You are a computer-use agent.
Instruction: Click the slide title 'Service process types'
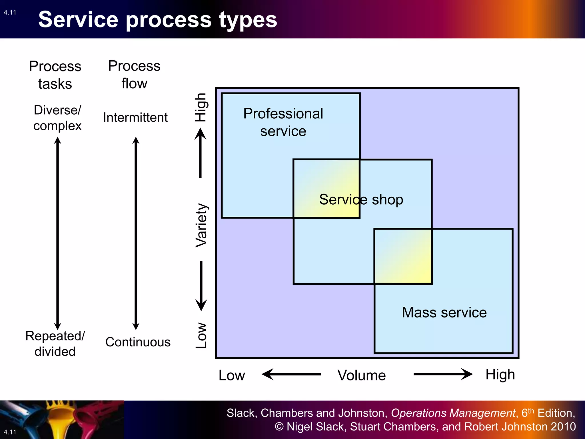coord(158,19)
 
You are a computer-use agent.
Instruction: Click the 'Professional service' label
coord(283,122)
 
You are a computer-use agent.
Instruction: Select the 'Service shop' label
coord(361,199)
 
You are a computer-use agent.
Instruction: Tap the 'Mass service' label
coord(444,312)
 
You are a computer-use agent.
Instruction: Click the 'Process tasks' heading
coord(55,75)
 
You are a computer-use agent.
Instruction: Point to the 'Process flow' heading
coord(134,75)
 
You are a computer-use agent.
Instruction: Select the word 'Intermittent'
coord(135,117)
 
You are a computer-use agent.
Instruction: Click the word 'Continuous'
coord(138,342)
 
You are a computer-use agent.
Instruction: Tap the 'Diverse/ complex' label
coord(57,118)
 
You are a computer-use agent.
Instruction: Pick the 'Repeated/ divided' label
coord(55,344)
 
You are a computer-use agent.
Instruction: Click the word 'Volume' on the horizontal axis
coord(361,375)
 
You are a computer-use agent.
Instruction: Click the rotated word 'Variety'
coord(201,225)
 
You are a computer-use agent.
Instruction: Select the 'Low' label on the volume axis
coord(232,375)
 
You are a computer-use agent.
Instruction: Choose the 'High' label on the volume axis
coord(500,374)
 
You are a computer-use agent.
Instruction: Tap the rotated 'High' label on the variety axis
coord(201,107)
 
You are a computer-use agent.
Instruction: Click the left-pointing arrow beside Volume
coord(291,374)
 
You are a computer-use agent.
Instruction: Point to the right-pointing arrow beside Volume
coord(443,374)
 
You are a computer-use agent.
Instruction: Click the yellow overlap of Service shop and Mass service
coord(403,256)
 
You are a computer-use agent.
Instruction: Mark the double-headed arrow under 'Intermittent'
coord(136,233)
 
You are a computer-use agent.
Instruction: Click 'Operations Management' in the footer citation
coord(453,413)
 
